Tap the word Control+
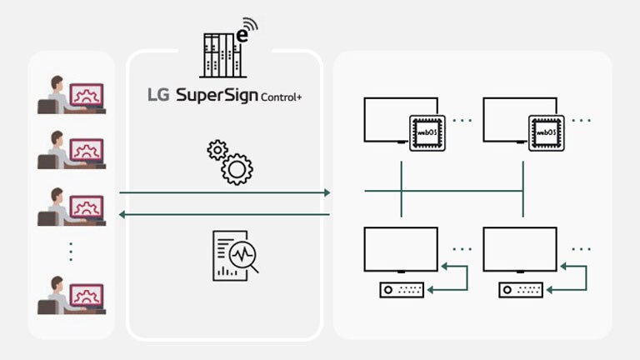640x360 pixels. (282, 97)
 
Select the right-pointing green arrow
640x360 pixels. (225, 192)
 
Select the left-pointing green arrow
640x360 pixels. (225, 215)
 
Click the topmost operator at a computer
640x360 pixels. (71, 94)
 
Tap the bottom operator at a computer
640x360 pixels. (71, 295)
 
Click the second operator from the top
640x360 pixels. (71, 150)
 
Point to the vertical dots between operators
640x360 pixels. (71, 251)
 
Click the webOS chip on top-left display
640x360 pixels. (427, 132)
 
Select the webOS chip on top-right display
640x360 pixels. (546, 132)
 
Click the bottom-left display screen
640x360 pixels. (401, 248)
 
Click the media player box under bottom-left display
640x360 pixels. (402, 290)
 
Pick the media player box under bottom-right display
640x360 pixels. (521, 290)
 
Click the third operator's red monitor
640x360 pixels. (87, 206)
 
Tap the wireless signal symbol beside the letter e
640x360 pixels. (251, 24)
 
